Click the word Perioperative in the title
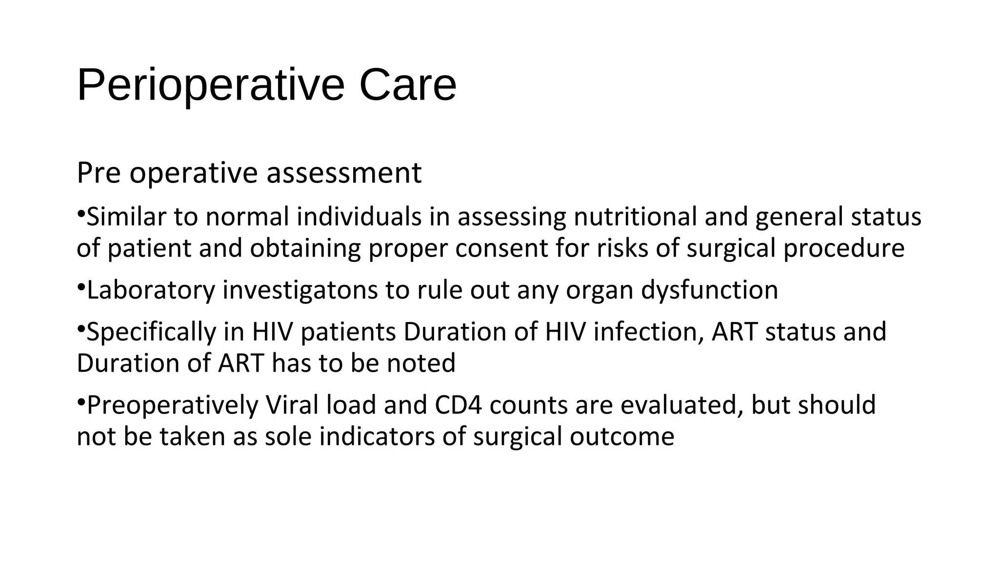pyautogui.click(x=210, y=85)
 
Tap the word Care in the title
pyautogui.click(x=407, y=85)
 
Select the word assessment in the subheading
pyautogui.click(x=344, y=173)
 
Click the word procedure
pyautogui.click(x=844, y=248)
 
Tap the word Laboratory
pyautogui.click(x=151, y=290)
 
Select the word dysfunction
pyautogui.click(x=709, y=290)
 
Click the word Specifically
pyautogui.click(x=151, y=332)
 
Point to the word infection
pyautogui.click(x=648, y=332)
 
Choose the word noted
pyautogui.click(x=421, y=363)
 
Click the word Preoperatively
pyautogui.click(x=172, y=405)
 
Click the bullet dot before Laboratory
pyautogui.click(x=81, y=287)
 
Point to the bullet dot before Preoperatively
pyautogui.click(x=81, y=402)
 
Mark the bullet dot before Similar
pyautogui.click(x=81, y=214)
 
